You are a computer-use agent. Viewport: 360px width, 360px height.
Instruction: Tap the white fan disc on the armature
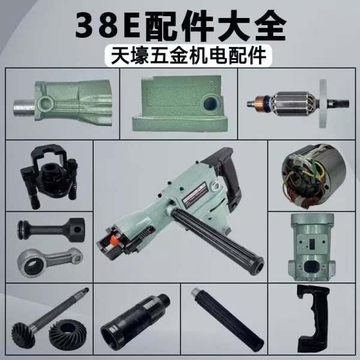click(x=323, y=104)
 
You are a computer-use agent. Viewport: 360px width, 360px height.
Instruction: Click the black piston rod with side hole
click(x=51, y=229)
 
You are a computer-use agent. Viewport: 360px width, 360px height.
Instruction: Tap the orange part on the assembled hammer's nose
click(x=114, y=241)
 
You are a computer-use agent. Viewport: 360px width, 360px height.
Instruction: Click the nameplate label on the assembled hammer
click(x=194, y=193)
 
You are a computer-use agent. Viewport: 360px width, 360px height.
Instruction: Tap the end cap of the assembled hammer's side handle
click(x=258, y=266)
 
